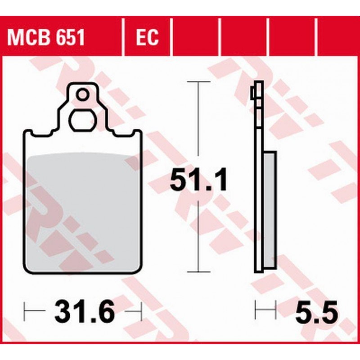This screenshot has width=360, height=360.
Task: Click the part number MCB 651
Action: (x=46, y=37)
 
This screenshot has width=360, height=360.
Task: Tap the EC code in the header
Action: (x=147, y=37)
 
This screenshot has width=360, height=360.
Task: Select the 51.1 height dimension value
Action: (x=198, y=179)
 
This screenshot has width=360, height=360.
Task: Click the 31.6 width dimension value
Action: (x=85, y=311)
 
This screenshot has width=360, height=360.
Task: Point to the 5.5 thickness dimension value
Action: (x=317, y=311)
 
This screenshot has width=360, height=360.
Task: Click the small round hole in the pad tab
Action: (x=82, y=94)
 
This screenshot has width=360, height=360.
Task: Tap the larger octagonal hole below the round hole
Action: (x=82, y=121)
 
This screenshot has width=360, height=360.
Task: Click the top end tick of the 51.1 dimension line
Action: (x=198, y=81)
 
